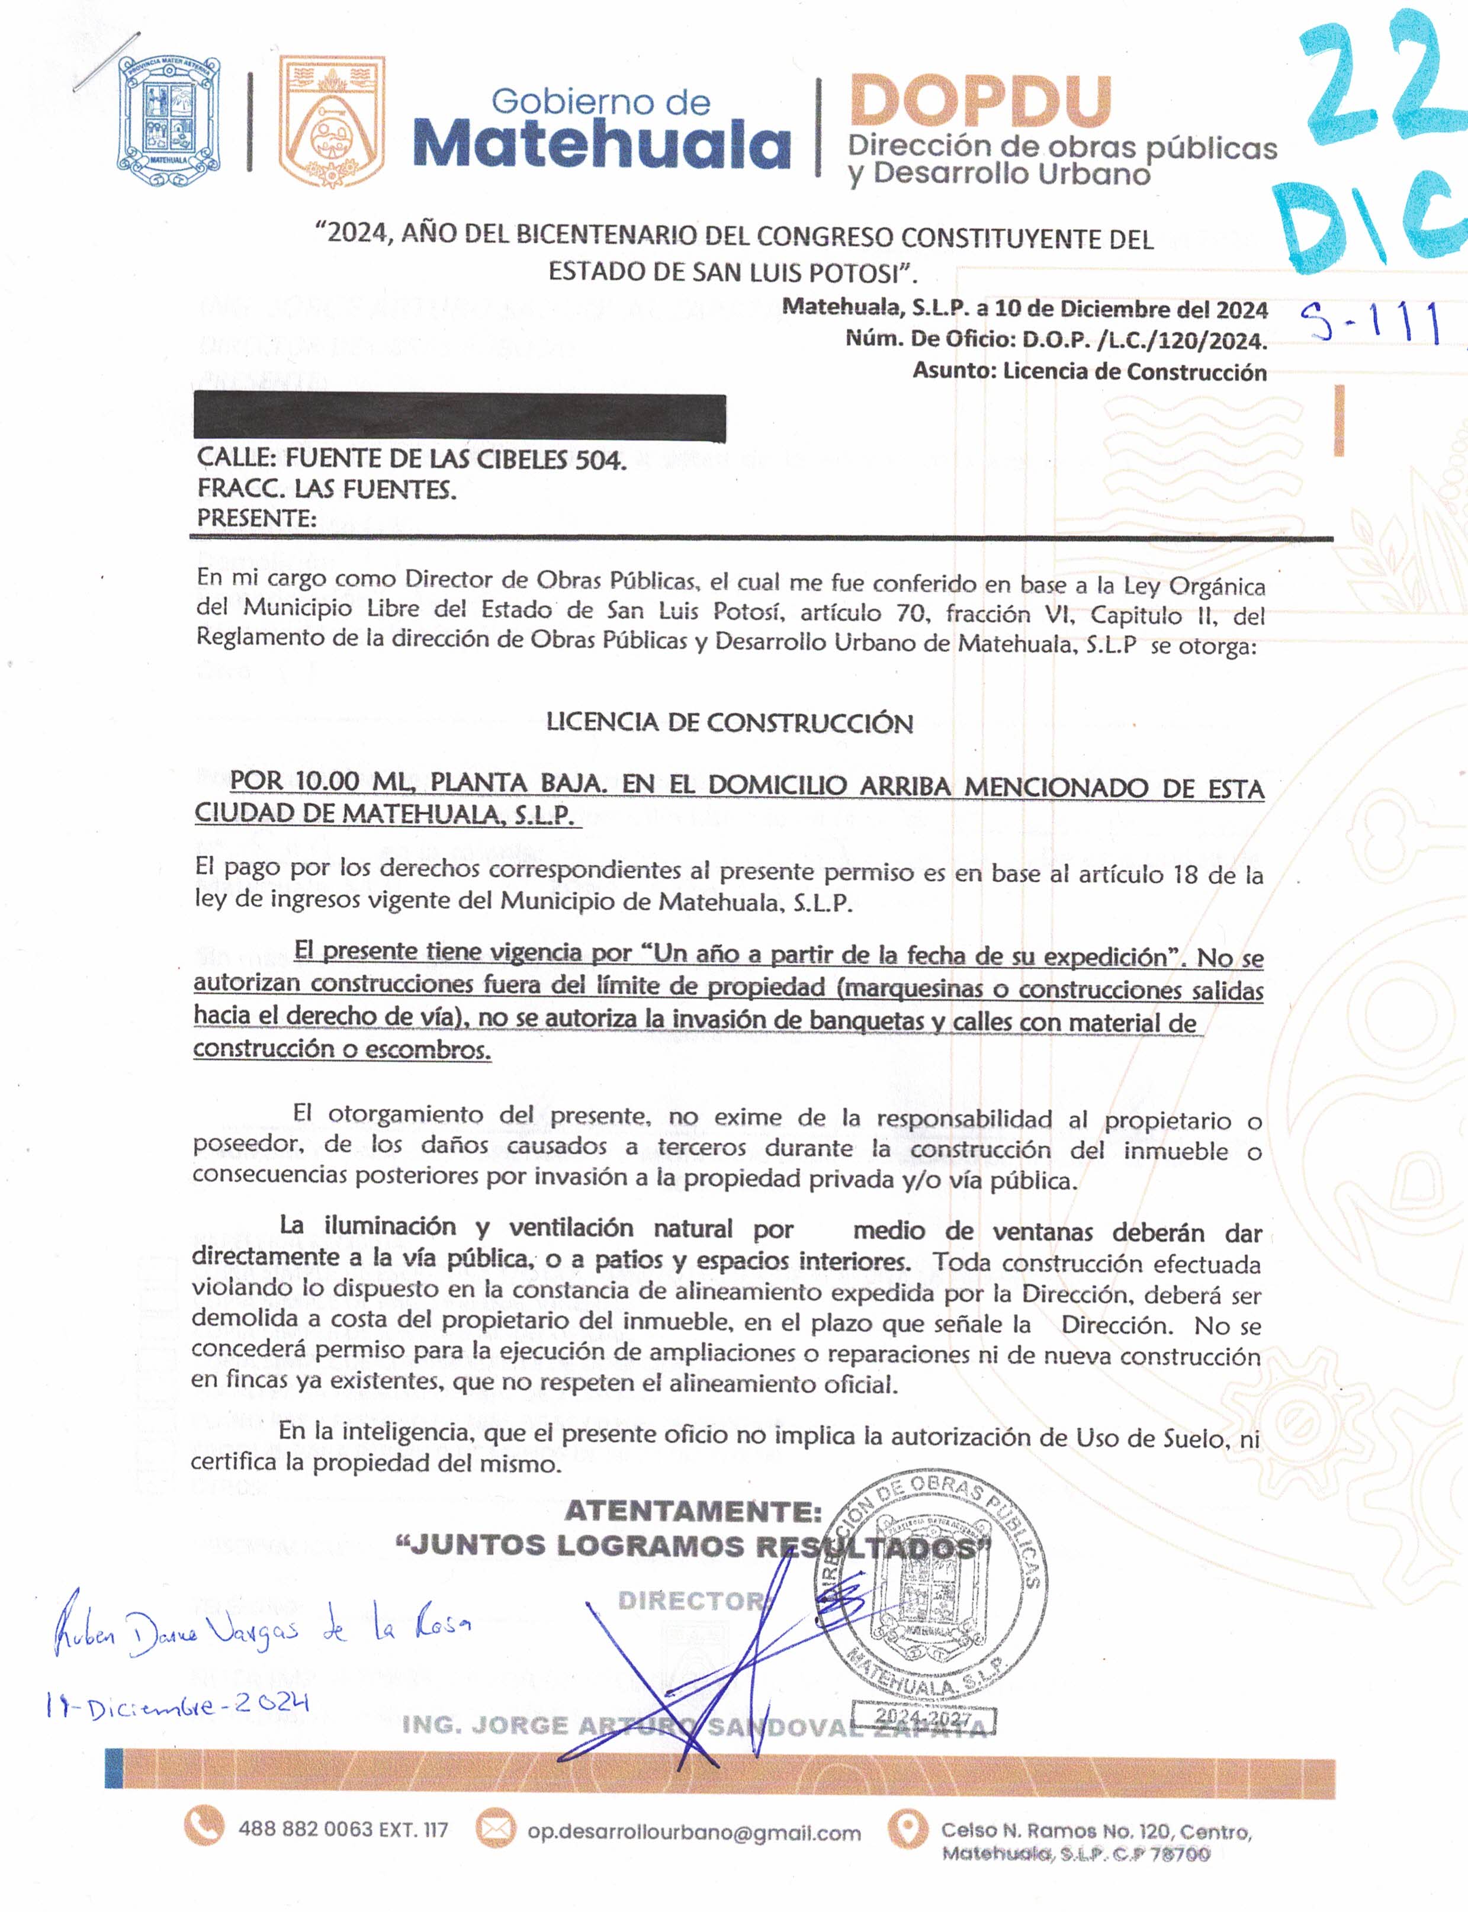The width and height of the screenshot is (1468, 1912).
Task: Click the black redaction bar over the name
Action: (460, 417)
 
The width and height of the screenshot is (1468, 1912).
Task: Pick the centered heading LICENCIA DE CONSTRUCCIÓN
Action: (730, 722)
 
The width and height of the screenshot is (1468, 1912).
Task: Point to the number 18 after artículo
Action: (1185, 874)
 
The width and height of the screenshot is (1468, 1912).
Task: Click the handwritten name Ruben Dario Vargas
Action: (262, 1631)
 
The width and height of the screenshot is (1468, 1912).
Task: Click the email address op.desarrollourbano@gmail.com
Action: (694, 1833)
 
